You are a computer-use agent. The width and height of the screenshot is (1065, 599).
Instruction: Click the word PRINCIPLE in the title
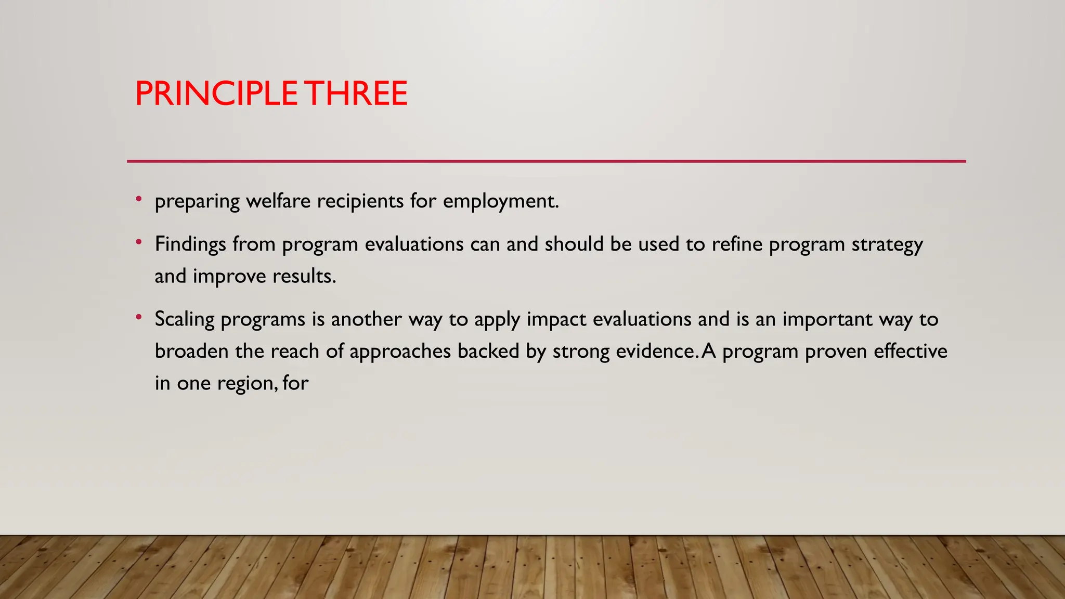(x=216, y=94)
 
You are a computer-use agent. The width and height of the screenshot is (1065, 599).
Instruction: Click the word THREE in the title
(x=356, y=94)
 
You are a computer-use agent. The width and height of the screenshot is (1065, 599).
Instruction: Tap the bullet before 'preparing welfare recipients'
(x=138, y=199)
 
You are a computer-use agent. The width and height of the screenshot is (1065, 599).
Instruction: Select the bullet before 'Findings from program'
(x=138, y=242)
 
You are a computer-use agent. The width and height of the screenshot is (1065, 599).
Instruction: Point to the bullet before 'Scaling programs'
(x=138, y=317)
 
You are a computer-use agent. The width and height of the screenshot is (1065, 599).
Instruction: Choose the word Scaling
(x=184, y=320)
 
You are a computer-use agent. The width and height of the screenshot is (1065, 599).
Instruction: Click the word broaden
(x=191, y=351)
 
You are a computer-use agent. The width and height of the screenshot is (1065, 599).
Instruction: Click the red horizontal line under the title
(x=546, y=161)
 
